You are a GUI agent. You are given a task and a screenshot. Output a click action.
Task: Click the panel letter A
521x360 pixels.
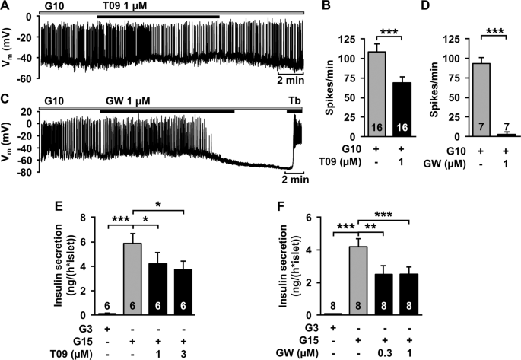tap(6, 6)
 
